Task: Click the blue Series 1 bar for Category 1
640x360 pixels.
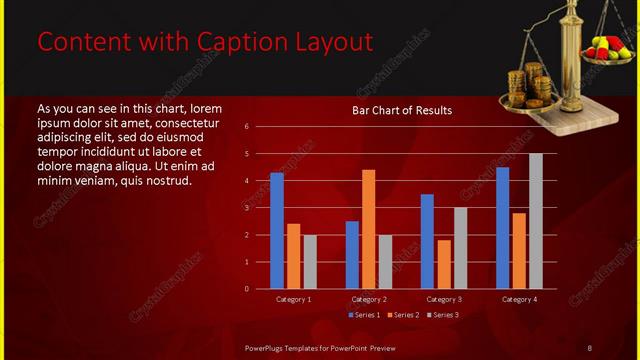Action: click(x=277, y=231)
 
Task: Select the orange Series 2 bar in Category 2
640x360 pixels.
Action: click(x=368, y=229)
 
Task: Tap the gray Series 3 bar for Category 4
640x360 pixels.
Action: click(x=536, y=221)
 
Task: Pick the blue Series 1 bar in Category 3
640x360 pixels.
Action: click(x=427, y=241)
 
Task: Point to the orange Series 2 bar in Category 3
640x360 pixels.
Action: click(x=443, y=264)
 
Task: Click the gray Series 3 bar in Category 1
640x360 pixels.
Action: click(x=310, y=262)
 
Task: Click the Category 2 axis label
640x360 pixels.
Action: click(x=369, y=299)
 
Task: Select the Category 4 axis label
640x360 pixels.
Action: click(x=519, y=299)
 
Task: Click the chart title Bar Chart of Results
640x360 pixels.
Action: click(x=402, y=110)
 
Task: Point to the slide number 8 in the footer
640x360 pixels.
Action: click(x=590, y=346)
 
